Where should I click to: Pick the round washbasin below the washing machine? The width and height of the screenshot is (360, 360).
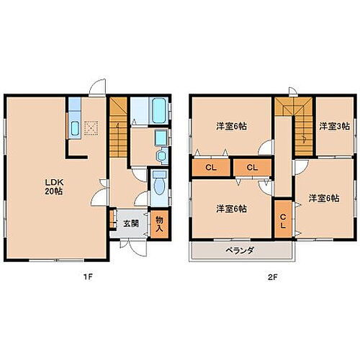point(160,155)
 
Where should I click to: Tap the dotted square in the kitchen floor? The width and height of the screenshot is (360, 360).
point(91,128)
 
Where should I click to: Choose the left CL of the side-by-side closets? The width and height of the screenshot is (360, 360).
point(210,167)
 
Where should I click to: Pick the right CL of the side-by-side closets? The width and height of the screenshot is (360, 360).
point(252,167)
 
